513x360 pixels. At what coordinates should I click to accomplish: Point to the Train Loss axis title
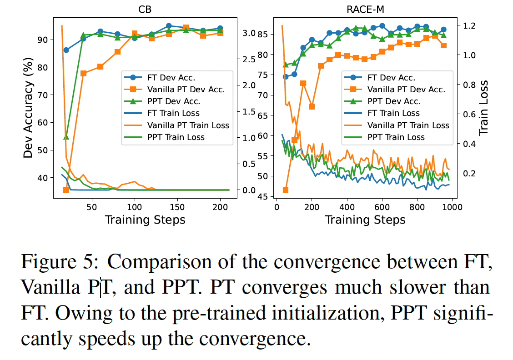[485, 108]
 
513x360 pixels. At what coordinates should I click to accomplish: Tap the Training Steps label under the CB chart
[145, 220]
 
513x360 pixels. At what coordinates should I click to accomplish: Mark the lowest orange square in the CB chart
[66, 190]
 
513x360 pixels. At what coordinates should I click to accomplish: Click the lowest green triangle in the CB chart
[66, 136]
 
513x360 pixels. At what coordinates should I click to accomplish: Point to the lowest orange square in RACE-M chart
[286, 190]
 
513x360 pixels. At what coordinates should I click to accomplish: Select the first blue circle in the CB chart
[66, 50]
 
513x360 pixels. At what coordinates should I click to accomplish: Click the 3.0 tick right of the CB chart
[250, 33]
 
